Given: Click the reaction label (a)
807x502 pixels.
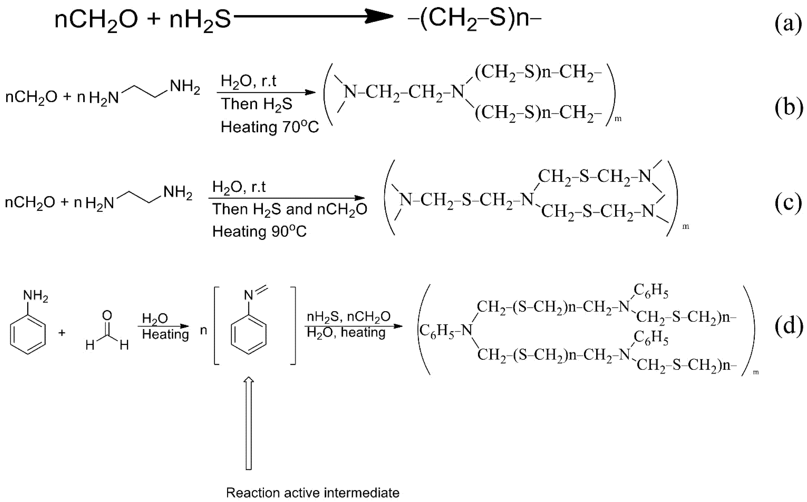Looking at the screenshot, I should pos(788,24).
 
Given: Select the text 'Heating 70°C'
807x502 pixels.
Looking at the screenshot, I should pos(269,127).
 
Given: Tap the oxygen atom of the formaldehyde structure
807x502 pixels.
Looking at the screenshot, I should pos(107,315).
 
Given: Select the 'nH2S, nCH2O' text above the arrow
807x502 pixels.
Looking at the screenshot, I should pos(348,317).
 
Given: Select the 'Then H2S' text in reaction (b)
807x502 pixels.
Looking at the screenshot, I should pos(256,104).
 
